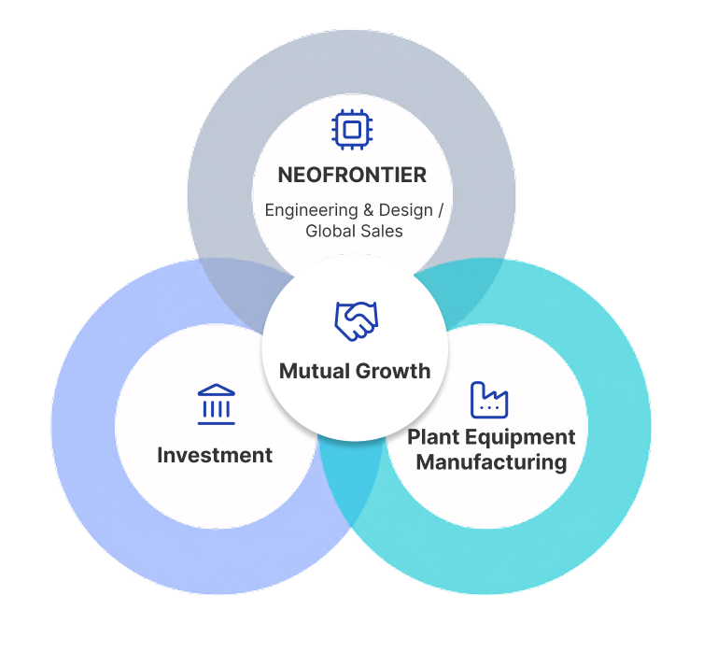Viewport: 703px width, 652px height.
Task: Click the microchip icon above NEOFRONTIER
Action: point(352,130)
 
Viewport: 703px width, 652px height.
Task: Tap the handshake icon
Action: point(357,320)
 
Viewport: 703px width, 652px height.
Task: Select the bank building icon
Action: point(217,404)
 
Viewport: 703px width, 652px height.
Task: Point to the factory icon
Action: point(489,400)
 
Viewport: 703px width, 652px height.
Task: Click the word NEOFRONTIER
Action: point(352,175)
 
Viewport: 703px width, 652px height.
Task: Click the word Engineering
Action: point(311,210)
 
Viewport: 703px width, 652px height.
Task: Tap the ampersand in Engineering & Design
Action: point(369,210)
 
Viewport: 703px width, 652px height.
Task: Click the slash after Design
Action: point(441,210)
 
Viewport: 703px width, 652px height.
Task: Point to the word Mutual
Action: point(315,371)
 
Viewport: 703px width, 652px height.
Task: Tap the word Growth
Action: point(393,371)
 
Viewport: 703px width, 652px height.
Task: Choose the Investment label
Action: point(215,455)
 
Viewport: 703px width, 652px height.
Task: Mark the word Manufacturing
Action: point(491,462)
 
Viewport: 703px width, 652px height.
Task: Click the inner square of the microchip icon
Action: point(352,130)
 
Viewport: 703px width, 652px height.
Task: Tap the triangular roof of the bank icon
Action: point(217,390)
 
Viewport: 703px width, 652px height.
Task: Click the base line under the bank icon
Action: point(217,423)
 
